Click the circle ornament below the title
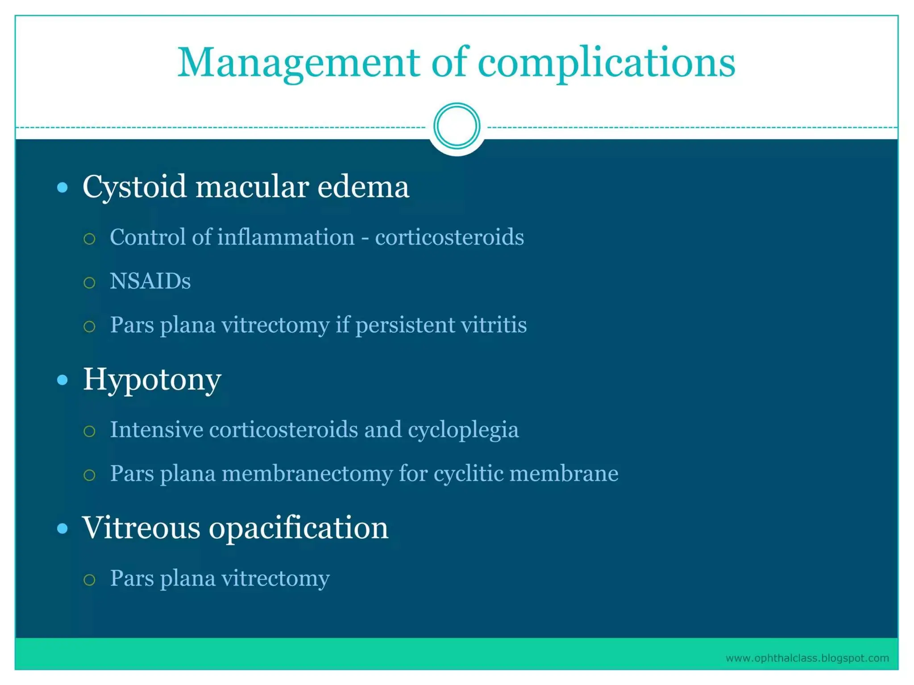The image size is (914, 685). pyautogui.click(x=457, y=126)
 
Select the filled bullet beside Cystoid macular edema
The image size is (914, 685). pyautogui.click(x=62, y=187)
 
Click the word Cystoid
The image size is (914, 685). pyautogui.click(x=134, y=186)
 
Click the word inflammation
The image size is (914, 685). pyautogui.click(x=286, y=237)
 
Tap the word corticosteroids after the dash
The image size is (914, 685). pyautogui.click(x=449, y=237)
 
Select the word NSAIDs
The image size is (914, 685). pyautogui.click(x=150, y=281)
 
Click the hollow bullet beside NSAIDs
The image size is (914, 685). pyautogui.click(x=89, y=283)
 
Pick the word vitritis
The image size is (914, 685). pyautogui.click(x=494, y=325)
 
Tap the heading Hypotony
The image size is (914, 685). pyautogui.click(x=152, y=380)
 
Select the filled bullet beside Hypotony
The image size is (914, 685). pyautogui.click(x=62, y=380)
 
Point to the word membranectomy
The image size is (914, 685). pyautogui.click(x=307, y=473)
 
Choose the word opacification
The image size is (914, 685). pyautogui.click(x=299, y=528)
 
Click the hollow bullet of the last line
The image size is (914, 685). pyautogui.click(x=89, y=580)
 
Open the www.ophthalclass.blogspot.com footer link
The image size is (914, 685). pyautogui.click(x=807, y=658)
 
